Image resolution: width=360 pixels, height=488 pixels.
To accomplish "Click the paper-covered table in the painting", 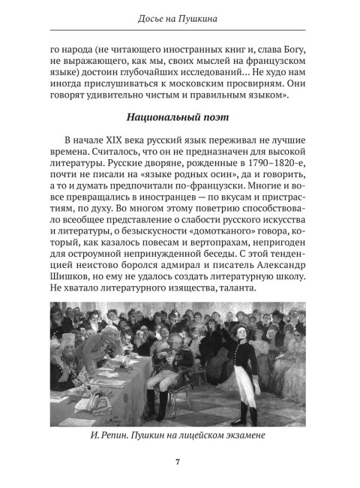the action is click(86, 398).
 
